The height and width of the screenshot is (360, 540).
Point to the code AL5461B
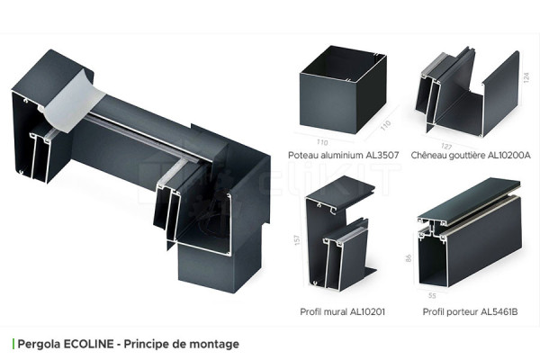pyautogui.click(x=499, y=311)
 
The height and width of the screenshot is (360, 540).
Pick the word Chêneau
pyautogui.click(x=429, y=155)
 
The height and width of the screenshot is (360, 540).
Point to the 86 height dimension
pyautogui.click(x=410, y=257)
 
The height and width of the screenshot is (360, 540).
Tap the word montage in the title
pyautogui.click(x=215, y=344)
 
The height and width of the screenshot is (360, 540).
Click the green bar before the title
pyautogui.click(x=13, y=344)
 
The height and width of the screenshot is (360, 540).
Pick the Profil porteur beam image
pyautogui.click(x=468, y=234)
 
